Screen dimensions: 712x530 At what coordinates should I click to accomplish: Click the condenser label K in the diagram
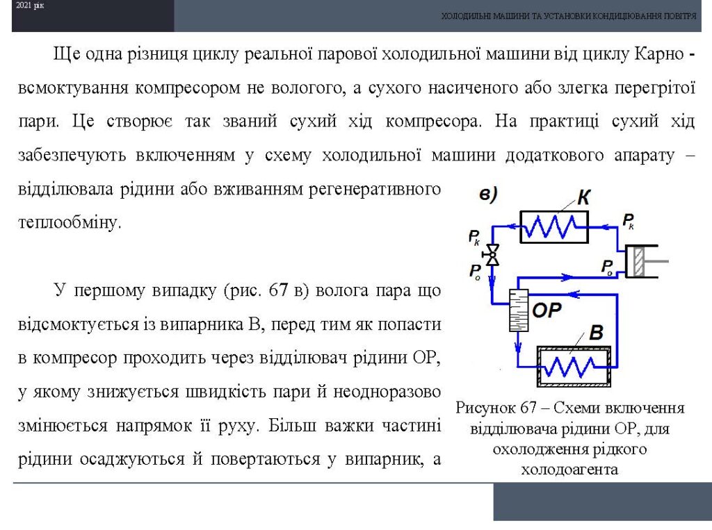[584, 197]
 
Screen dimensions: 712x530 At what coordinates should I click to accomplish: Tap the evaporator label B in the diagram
[596, 333]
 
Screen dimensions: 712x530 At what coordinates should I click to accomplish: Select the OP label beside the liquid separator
[547, 310]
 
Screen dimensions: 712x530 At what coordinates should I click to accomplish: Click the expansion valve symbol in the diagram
[492, 255]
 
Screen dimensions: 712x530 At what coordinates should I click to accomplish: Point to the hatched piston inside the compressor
[638, 261]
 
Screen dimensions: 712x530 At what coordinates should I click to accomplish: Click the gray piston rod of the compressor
[656, 261]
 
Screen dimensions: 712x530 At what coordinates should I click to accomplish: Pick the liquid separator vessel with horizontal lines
[519, 310]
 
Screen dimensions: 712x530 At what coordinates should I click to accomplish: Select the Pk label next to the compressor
[629, 222]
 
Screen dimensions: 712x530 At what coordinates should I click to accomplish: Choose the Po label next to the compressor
[607, 267]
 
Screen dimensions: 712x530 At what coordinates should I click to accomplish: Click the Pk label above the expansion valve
[474, 238]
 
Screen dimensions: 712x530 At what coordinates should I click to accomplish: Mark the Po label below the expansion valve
[475, 272]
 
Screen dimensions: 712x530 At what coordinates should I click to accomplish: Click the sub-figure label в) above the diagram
[488, 194]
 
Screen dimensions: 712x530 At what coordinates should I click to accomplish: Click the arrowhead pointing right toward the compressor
[566, 276]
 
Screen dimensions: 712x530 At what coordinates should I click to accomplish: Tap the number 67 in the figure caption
[528, 408]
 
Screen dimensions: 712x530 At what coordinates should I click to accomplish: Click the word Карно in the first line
[659, 54]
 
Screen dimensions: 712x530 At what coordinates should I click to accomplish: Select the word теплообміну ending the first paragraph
[70, 222]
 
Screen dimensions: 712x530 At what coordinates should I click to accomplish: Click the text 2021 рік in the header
[29, 6]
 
